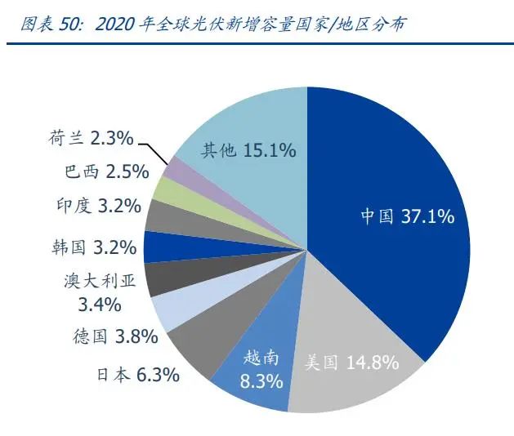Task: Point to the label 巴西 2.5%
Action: tap(106, 172)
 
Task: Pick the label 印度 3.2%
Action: tap(102, 206)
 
